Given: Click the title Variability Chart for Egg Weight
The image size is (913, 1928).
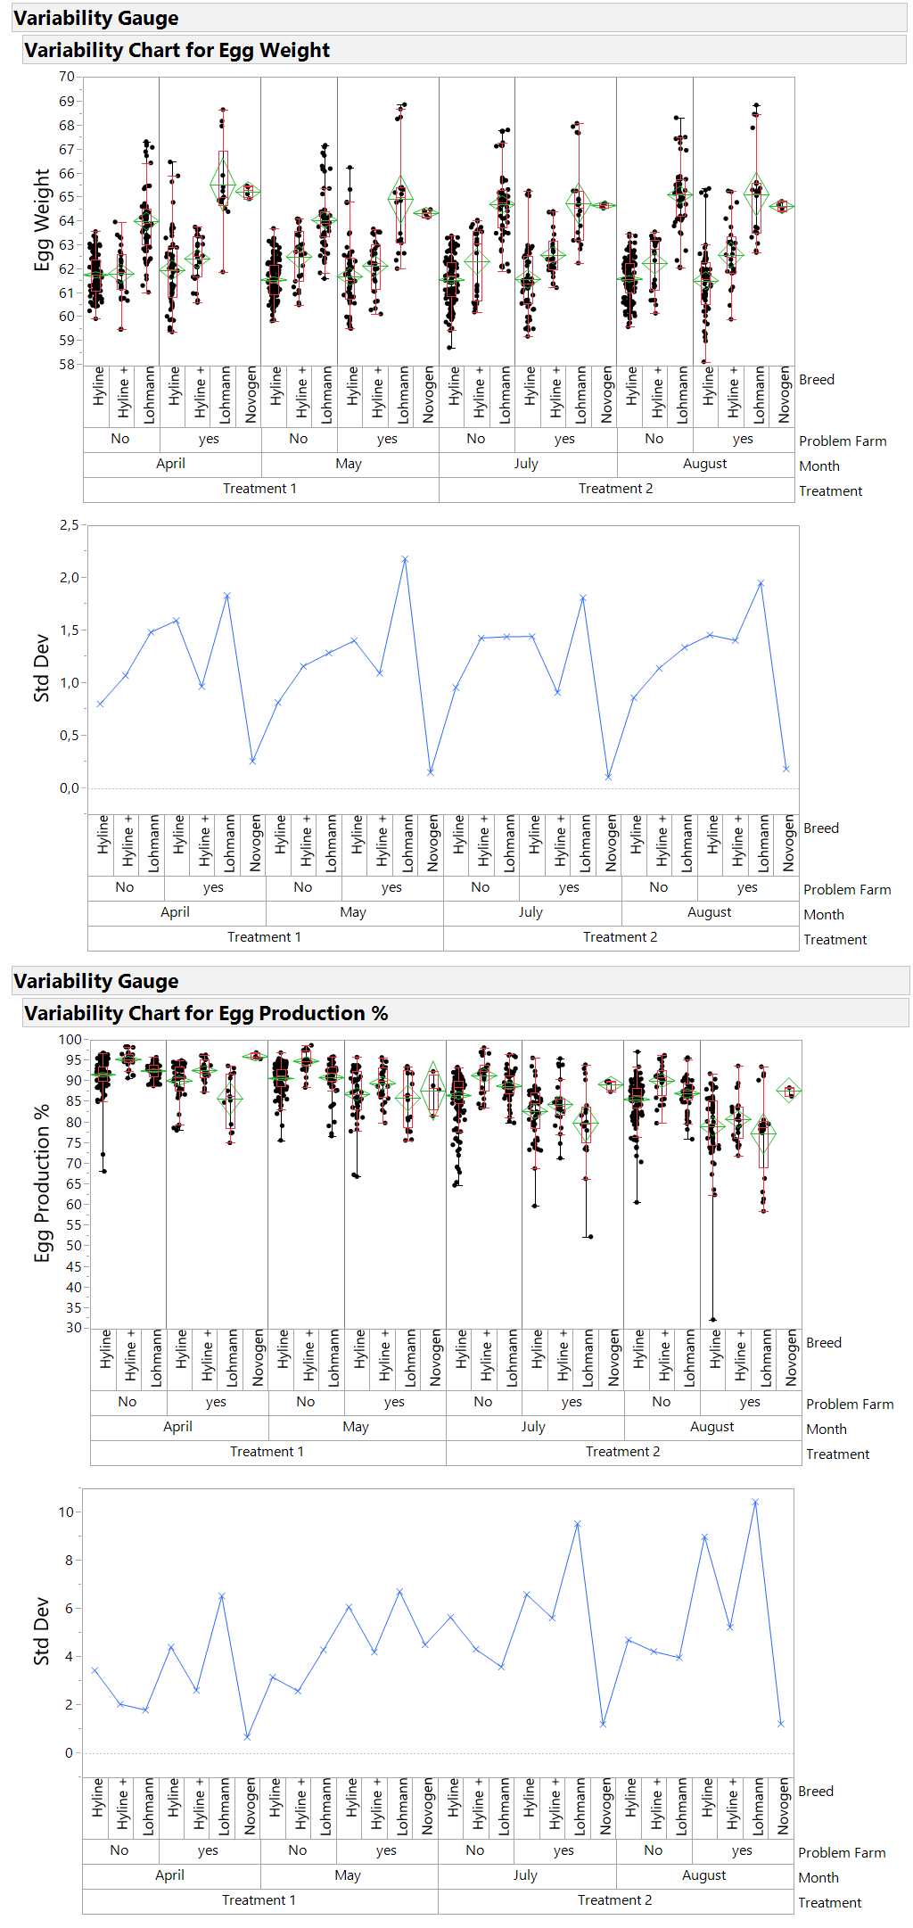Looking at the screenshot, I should coord(177,50).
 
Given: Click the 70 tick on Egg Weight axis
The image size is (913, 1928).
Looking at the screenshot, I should coord(67,77).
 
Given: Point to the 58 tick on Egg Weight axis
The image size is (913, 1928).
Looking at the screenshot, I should coord(67,364).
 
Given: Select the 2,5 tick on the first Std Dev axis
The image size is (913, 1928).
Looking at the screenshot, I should coord(69,525).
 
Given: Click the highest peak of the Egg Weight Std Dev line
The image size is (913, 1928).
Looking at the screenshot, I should coord(405,559).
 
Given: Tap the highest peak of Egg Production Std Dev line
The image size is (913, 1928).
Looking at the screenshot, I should coord(755,1502).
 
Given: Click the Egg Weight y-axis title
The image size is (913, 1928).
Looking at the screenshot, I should coord(42,219).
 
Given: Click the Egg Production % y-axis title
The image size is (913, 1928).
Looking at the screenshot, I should coord(42,1183).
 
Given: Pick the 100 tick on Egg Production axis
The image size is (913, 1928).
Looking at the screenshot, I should coord(70,1040).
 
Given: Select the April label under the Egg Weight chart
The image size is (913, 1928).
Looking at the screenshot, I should coord(170,464).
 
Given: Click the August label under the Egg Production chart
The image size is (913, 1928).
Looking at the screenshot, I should coord(711,1427).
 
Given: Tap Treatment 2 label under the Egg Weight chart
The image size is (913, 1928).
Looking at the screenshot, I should coord(615,489).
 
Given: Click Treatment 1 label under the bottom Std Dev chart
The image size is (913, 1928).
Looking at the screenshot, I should coord(259,1900).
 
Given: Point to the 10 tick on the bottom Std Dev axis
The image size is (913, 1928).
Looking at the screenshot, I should coord(66,1512).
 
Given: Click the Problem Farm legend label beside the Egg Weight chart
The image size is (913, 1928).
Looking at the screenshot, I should coord(843,441).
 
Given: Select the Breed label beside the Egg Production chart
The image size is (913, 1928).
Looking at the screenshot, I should coord(823,1343).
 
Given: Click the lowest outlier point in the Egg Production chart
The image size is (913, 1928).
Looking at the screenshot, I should coord(712,1320).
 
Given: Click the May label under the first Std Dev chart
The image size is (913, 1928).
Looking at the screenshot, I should coord(353,912).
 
